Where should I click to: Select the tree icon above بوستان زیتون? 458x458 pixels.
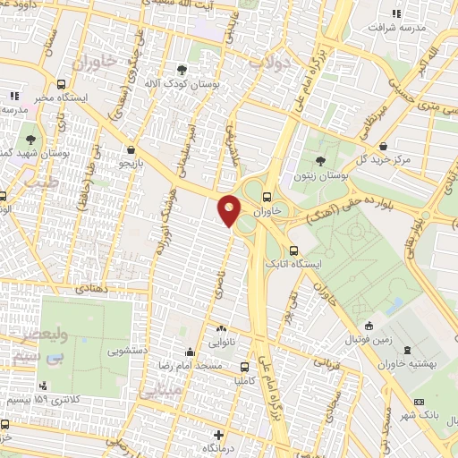pyautogui.click(x=320, y=162)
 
